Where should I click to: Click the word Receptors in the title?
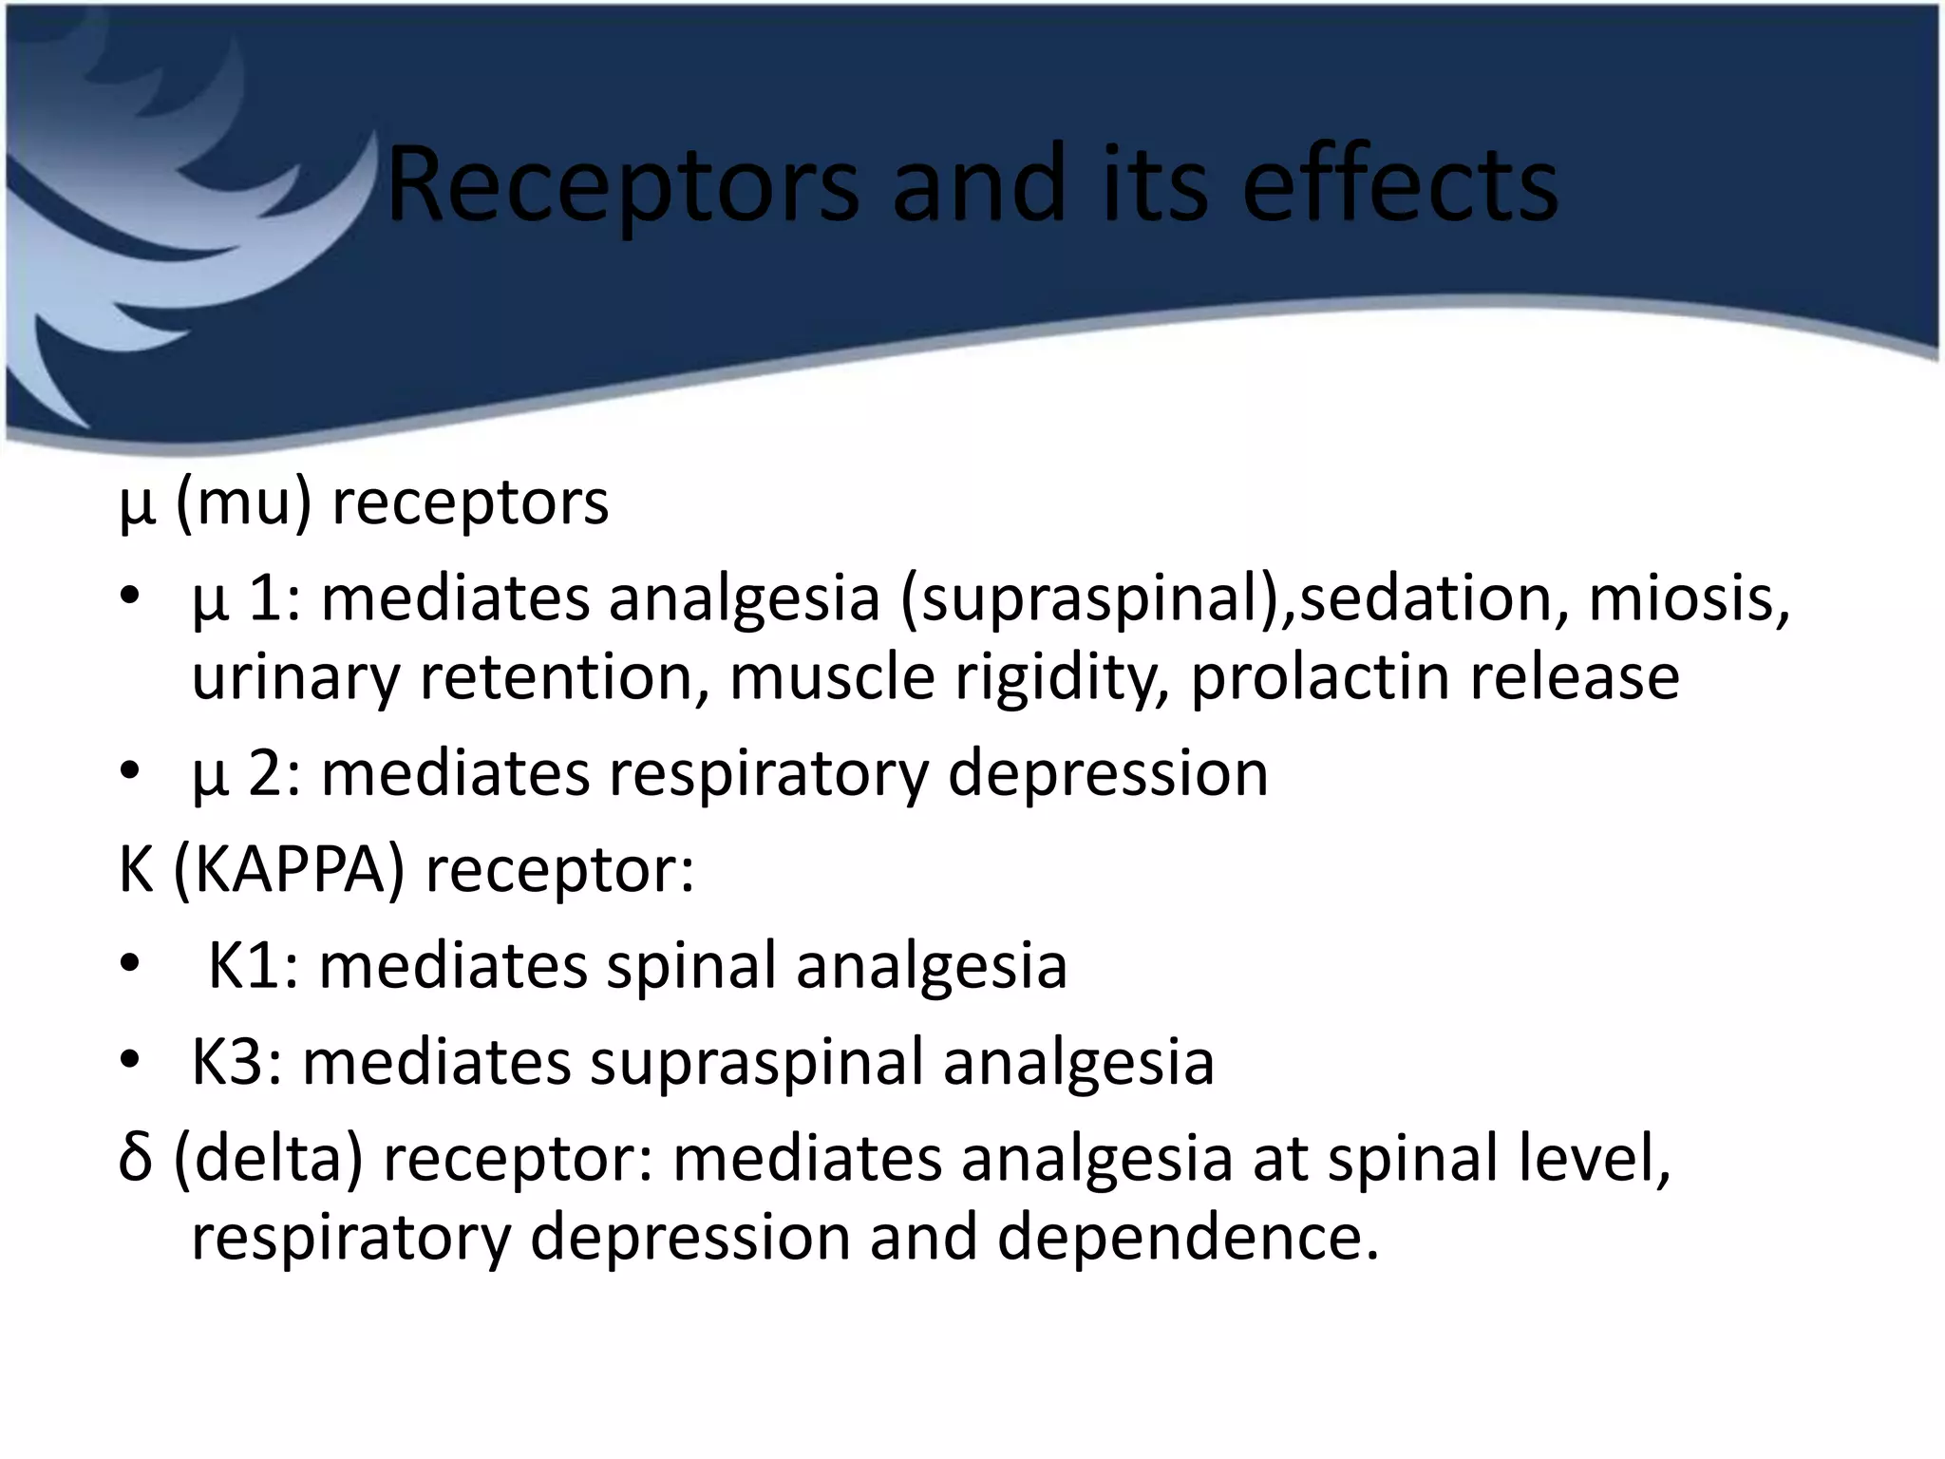622,185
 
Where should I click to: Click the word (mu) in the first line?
243,503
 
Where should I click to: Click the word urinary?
296,678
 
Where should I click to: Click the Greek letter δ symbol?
136,1158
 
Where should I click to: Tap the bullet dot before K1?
130,967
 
